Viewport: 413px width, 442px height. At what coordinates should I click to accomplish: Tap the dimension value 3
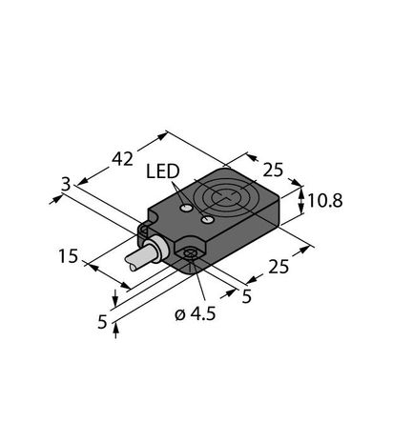coord(66,185)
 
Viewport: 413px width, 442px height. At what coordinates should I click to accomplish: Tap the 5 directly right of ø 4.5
coord(246,297)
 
